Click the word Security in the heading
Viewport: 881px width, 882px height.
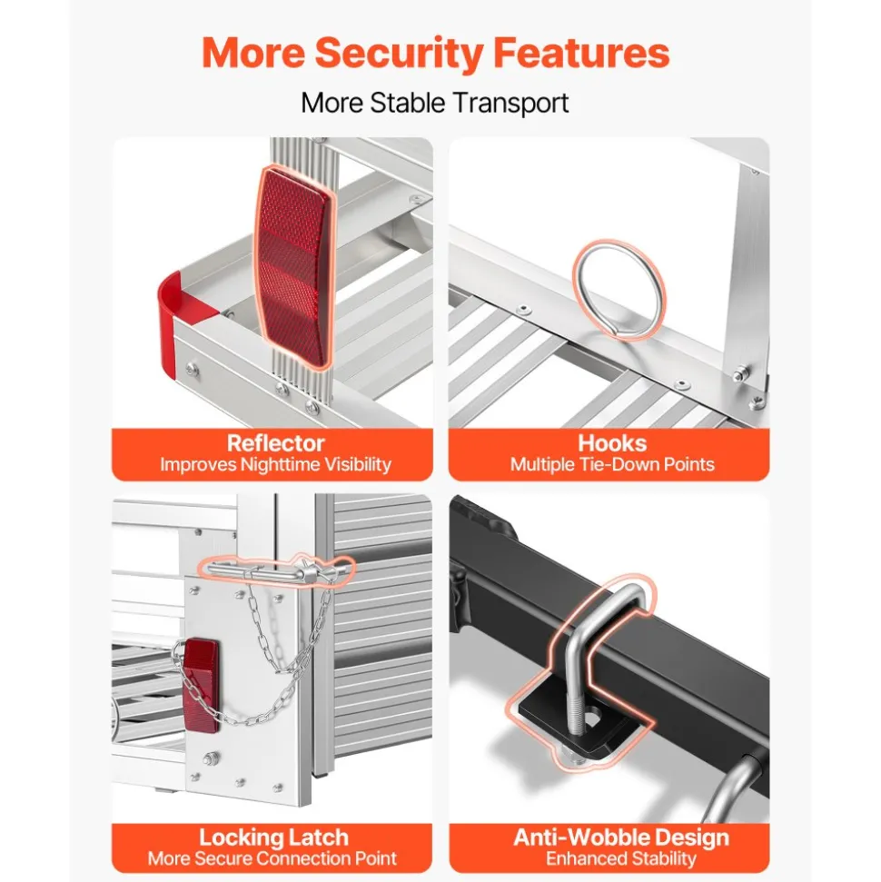point(399,53)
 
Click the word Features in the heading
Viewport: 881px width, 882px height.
point(581,53)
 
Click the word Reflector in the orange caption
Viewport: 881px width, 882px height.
point(276,443)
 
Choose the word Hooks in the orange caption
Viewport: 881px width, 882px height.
point(612,443)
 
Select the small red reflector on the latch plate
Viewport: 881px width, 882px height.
point(201,685)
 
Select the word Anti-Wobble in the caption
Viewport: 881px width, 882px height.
point(580,837)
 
